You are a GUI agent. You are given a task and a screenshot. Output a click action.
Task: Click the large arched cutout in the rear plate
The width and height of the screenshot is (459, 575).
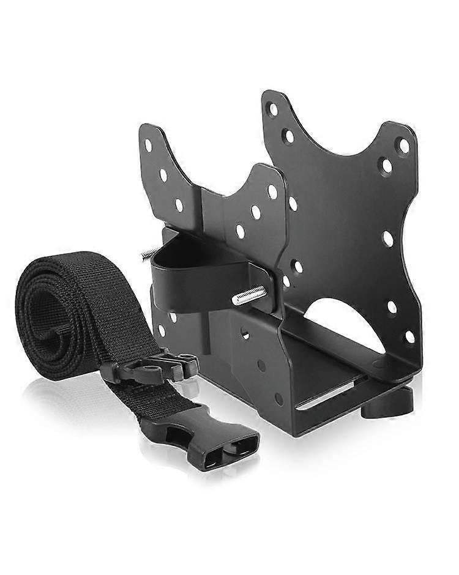[343, 324]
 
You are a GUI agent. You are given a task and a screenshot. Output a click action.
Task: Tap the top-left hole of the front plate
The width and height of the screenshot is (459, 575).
[148, 146]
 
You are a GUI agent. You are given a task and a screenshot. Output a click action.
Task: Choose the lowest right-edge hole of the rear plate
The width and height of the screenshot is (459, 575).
[409, 336]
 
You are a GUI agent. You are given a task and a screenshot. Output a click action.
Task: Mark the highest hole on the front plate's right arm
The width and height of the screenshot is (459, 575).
[272, 191]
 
